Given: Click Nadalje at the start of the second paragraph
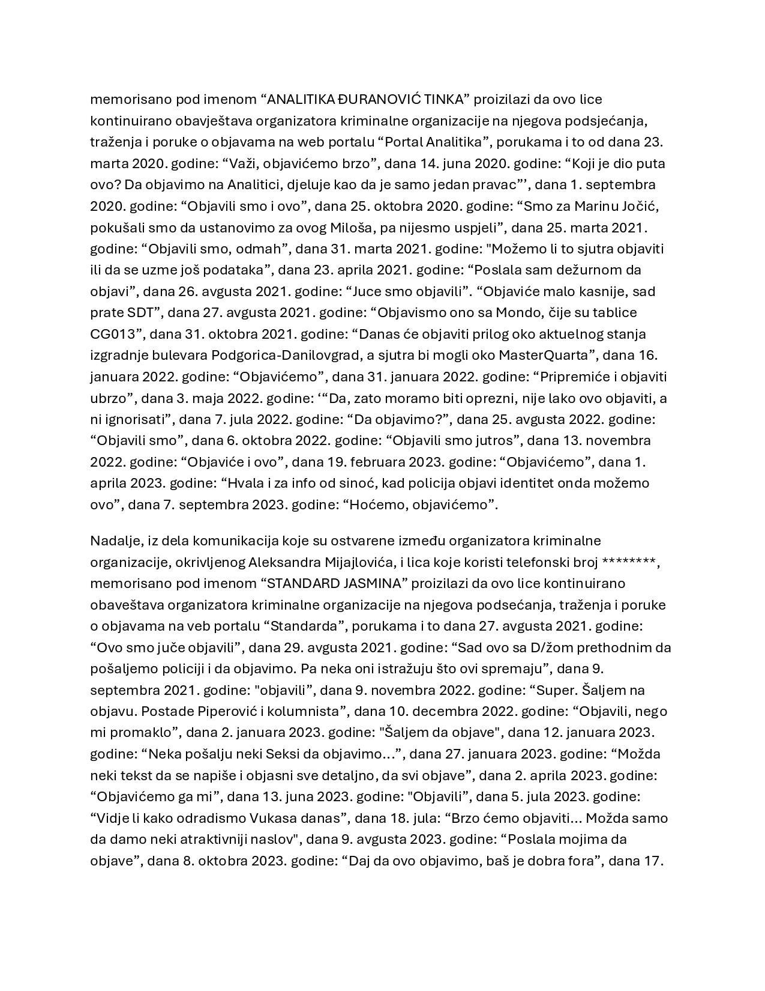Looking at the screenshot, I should point(115,541).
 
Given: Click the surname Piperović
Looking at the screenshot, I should point(231,711).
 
